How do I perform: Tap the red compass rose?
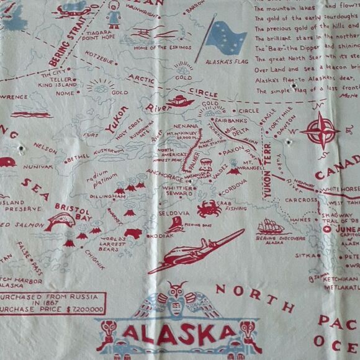[x=320, y=131]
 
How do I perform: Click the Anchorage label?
[x=164, y=176]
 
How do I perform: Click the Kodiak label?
[x=160, y=236]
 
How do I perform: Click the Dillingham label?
[x=105, y=196]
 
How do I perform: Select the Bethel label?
[x=78, y=158]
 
